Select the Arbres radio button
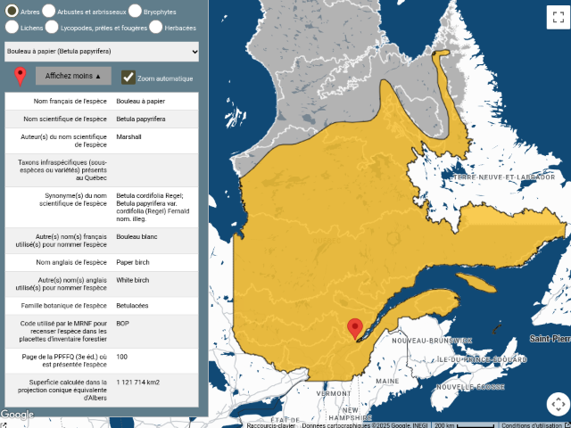[x=11, y=11]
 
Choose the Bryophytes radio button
[x=135, y=11]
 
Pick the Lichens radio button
[x=11, y=27]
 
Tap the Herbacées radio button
[x=156, y=27]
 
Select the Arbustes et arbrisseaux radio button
[x=48, y=11]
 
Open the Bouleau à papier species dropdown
[x=101, y=52]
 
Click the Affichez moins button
[x=73, y=77]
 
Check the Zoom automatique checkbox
[x=128, y=78]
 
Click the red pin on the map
[x=354, y=328]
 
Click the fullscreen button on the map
[x=557, y=15]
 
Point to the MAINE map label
[x=387, y=381]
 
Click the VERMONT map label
[x=333, y=393]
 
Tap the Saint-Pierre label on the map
[x=550, y=339]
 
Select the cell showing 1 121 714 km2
[x=138, y=383]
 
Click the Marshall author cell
[x=128, y=136]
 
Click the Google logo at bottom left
[x=17, y=415]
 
